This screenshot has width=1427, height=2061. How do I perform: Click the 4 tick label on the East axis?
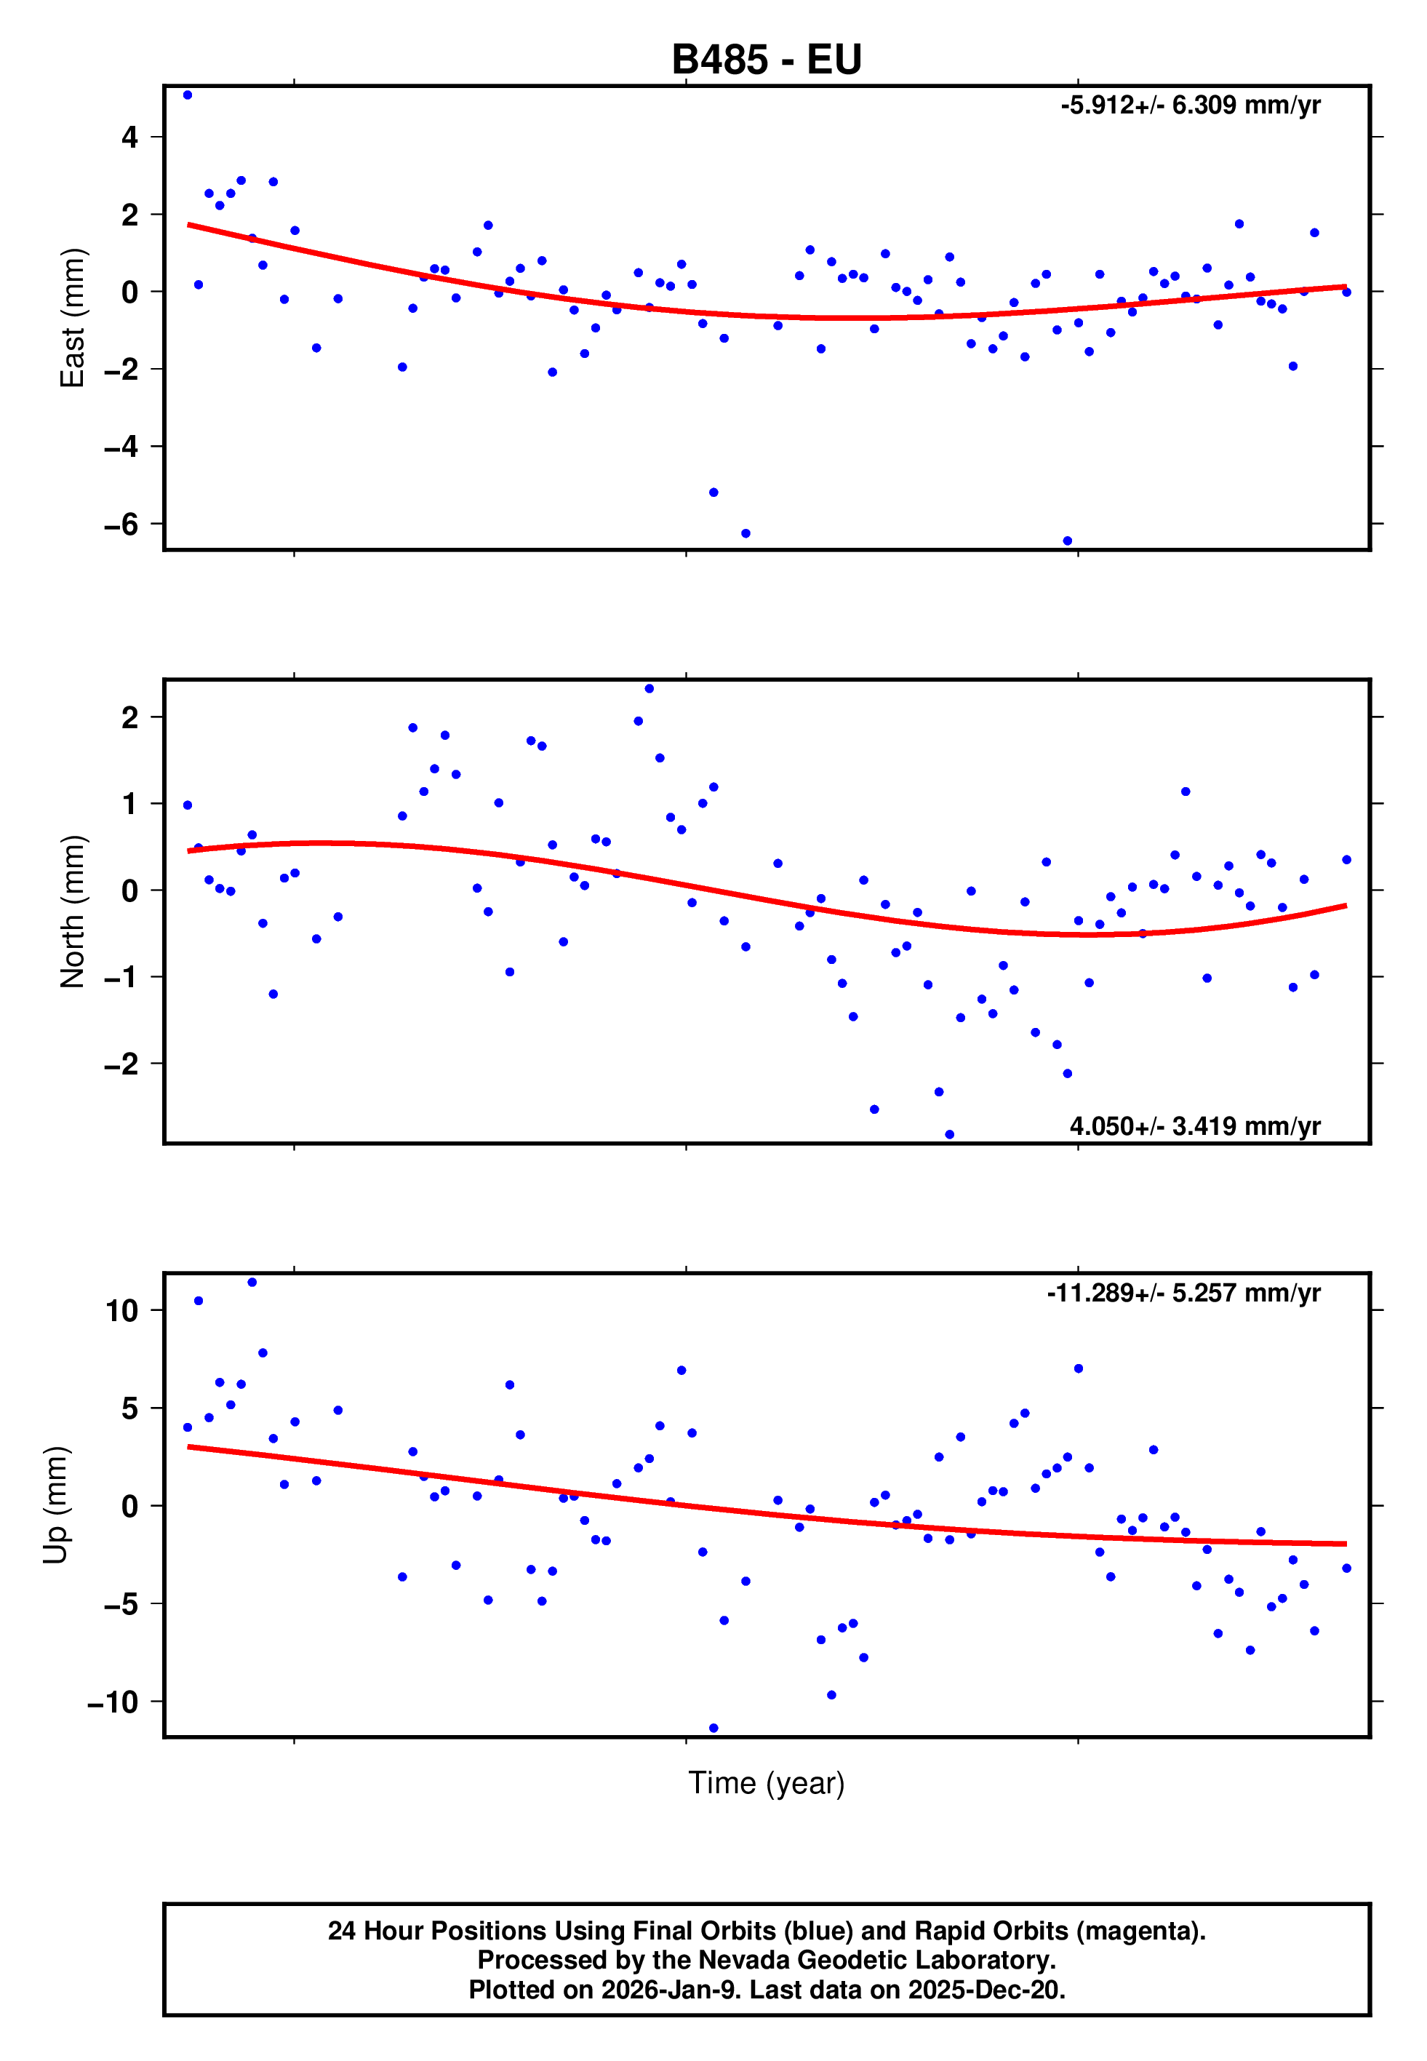[x=130, y=137]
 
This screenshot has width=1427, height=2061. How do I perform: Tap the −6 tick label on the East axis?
[x=121, y=525]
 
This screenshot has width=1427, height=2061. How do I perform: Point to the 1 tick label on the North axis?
[x=130, y=804]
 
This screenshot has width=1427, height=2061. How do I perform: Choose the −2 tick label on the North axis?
[x=121, y=1064]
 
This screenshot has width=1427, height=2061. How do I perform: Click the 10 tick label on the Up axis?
[x=121, y=1311]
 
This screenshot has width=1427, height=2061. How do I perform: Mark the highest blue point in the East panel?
[x=187, y=95]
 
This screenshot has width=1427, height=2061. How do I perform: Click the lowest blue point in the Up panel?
[x=713, y=1728]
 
